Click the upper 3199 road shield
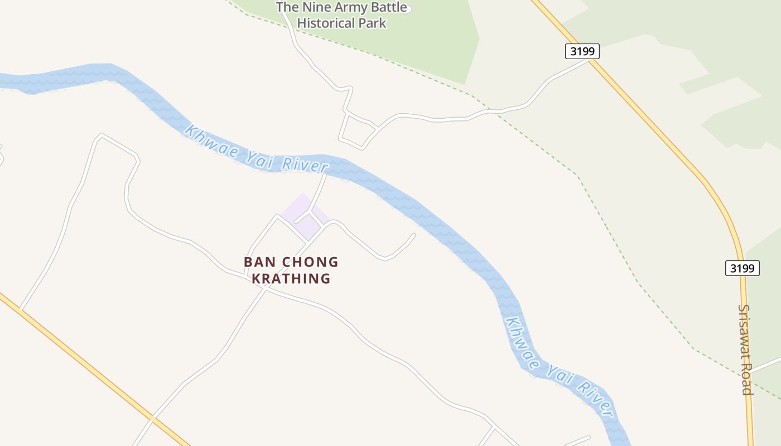click(582, 51)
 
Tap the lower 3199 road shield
click(743, 268)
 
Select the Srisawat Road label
click(746, 349)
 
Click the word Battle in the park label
click(387, 8)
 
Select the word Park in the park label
click(373, 23)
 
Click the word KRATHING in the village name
click(291, 278)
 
